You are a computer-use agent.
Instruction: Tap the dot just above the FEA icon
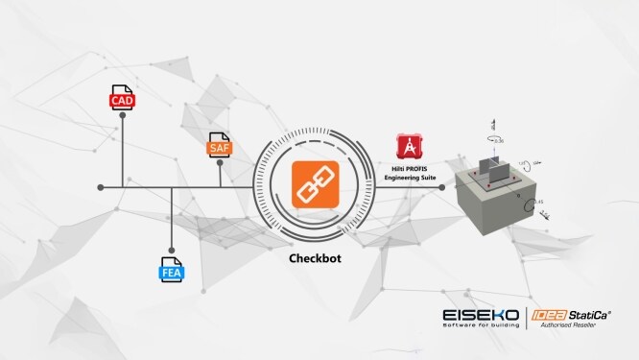tap(171, 248)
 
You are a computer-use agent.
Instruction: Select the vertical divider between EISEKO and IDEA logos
tap(527, 319)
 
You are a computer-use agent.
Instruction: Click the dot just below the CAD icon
tap(123, 114)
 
